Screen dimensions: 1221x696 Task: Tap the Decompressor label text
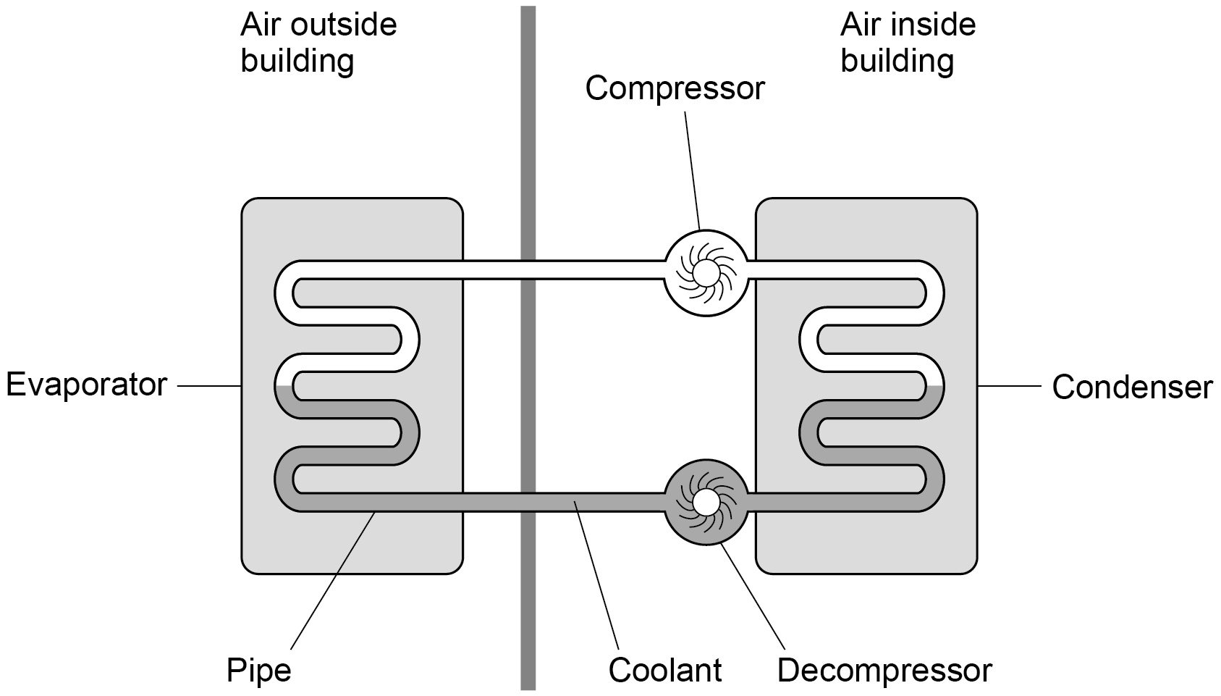pos(884,670)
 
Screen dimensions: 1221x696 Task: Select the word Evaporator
pos(86,385)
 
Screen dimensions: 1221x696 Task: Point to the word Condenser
pos(1132,387)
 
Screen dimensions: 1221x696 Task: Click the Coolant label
pos(665,670)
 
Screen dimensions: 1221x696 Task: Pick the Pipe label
pos(259,671)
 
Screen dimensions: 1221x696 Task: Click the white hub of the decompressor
pos(706,502)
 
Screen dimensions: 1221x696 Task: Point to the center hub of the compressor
pos(706,272)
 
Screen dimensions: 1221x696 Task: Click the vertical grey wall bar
pos(528,348)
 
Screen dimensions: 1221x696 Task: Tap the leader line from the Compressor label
pos(692,170)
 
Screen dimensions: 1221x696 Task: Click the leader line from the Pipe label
pos(333,580)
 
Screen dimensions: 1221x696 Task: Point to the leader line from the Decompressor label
pos(753,596)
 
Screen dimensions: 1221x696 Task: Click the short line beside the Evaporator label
pos(209,386)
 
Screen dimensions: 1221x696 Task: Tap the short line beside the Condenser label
pos(1010,386)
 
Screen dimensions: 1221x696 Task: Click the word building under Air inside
pos(897,61)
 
